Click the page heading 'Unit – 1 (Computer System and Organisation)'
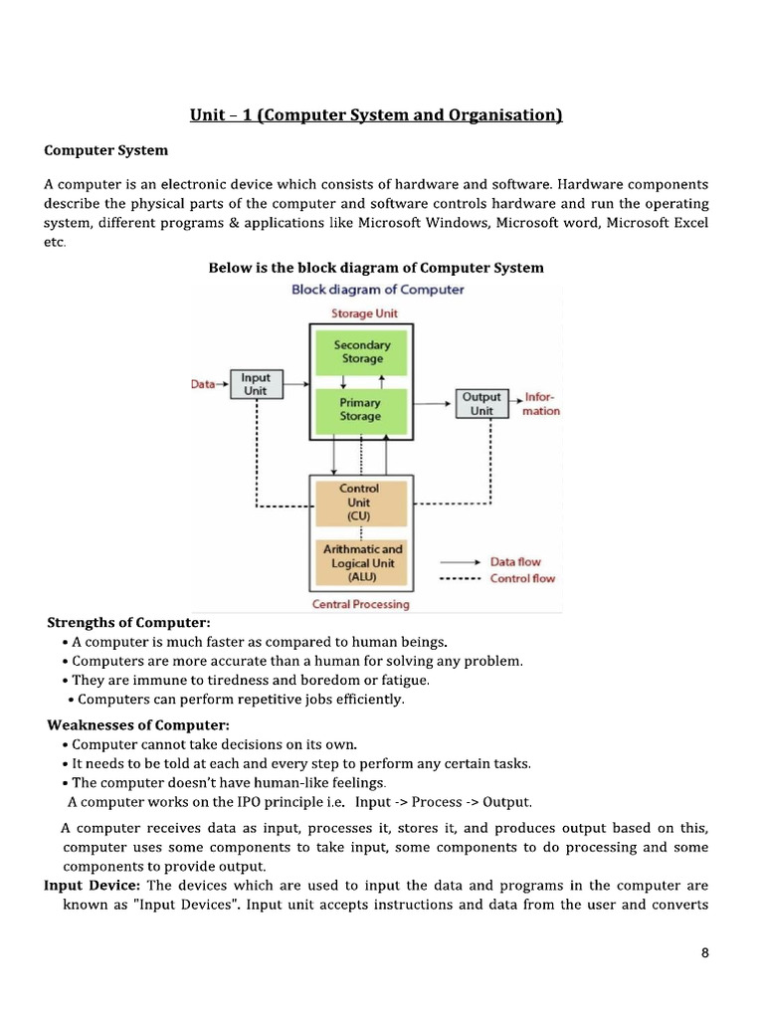pyautogui.click(x=376, y=115)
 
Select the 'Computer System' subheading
pyautogui.click(x=106, y=150)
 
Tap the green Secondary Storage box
pyautogui.click(x=361, y=351)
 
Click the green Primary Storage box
pyautogui.click(x=360, y=409)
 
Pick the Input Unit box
pyautogui.click(x=256, y=384)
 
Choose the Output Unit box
pyautogui.click(x=481, y=403)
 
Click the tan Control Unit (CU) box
pyautogui.click(x=359, y=503)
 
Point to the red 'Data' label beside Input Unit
pyautogui.click(x=203, y=384)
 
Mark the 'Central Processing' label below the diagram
pyautogui.click(x=360, y=604)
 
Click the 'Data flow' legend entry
pyautogui.click(x=515, y=562)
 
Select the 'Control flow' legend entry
pyautogui.click(x=522, y=578)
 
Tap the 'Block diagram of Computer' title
pyautogui.click(x=377, y=290)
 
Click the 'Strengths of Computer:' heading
pyautogui.click(x=121, y=623)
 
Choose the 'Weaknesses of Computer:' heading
pyautogui.click(x=131, y=724)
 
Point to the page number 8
pyautogui.click(x=705, y=952)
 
